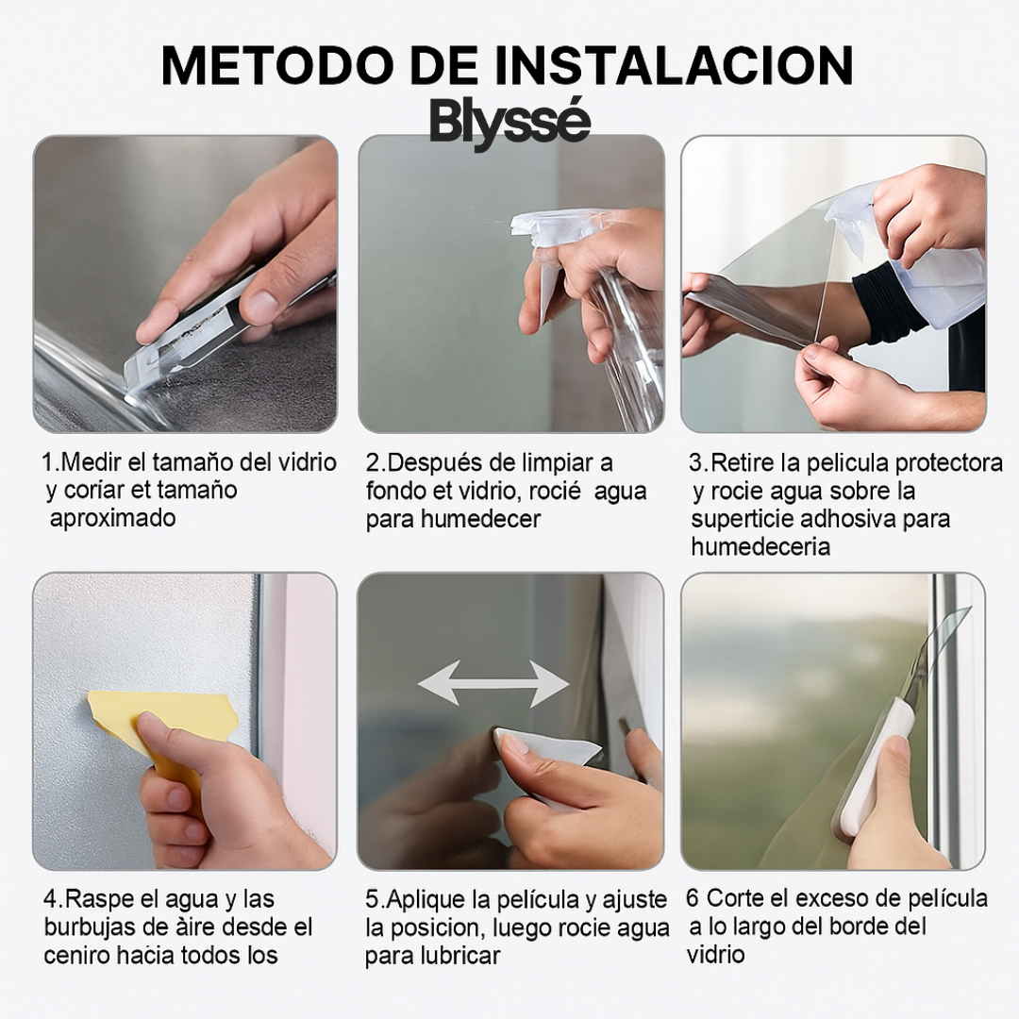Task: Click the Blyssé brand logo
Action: (509, 123)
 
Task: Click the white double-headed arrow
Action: (493, 683)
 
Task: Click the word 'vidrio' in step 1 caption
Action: (304, 462)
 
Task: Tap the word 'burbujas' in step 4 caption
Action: (86, 927)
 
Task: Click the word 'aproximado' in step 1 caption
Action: (112, 518)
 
